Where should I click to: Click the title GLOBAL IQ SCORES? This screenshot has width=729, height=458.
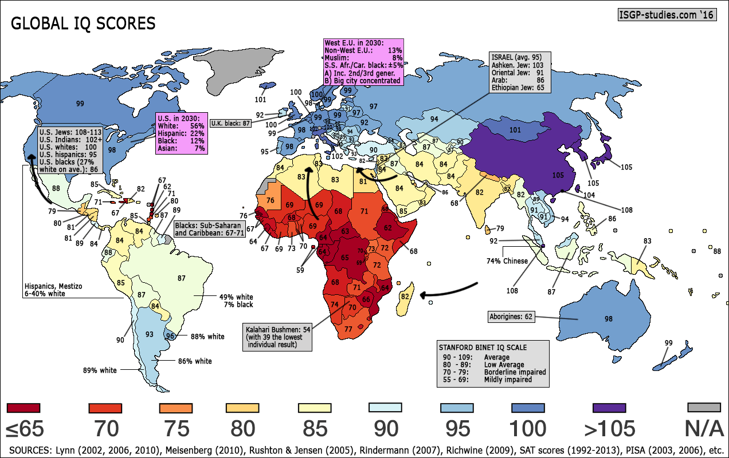pyautogui.click(x=83, y=23)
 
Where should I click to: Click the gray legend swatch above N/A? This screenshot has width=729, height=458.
pyautogui.click(x=703, y=407)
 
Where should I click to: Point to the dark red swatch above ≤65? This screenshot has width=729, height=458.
pyautogui.click(x=23, y=408)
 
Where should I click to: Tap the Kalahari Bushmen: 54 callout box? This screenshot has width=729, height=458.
pyautogui.click(x=278, y=337)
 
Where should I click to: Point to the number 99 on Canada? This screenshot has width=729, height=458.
pyautogui.click(x=80, y=103)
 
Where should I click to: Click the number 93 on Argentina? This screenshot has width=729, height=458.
pyautogui.click(x=149, y=334)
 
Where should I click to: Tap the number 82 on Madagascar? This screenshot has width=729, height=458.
pyautogui.click(x=405, y=297)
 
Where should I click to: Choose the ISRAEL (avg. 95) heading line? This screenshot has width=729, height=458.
pyautogui.click(x=514, y=57)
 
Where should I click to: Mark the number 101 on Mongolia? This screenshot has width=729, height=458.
pyautogui.click(x=515, y=131)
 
